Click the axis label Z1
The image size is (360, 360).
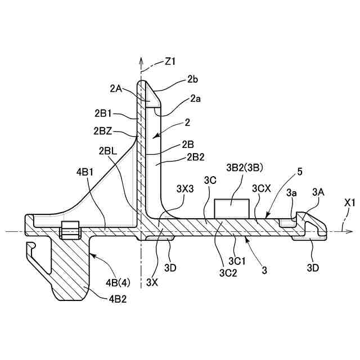pos(171,60)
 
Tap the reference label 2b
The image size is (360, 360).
pos(192,80)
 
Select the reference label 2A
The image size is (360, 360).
pos(116,88)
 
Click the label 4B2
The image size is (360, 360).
pos(118,299)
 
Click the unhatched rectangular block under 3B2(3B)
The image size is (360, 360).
pos(232,208)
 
